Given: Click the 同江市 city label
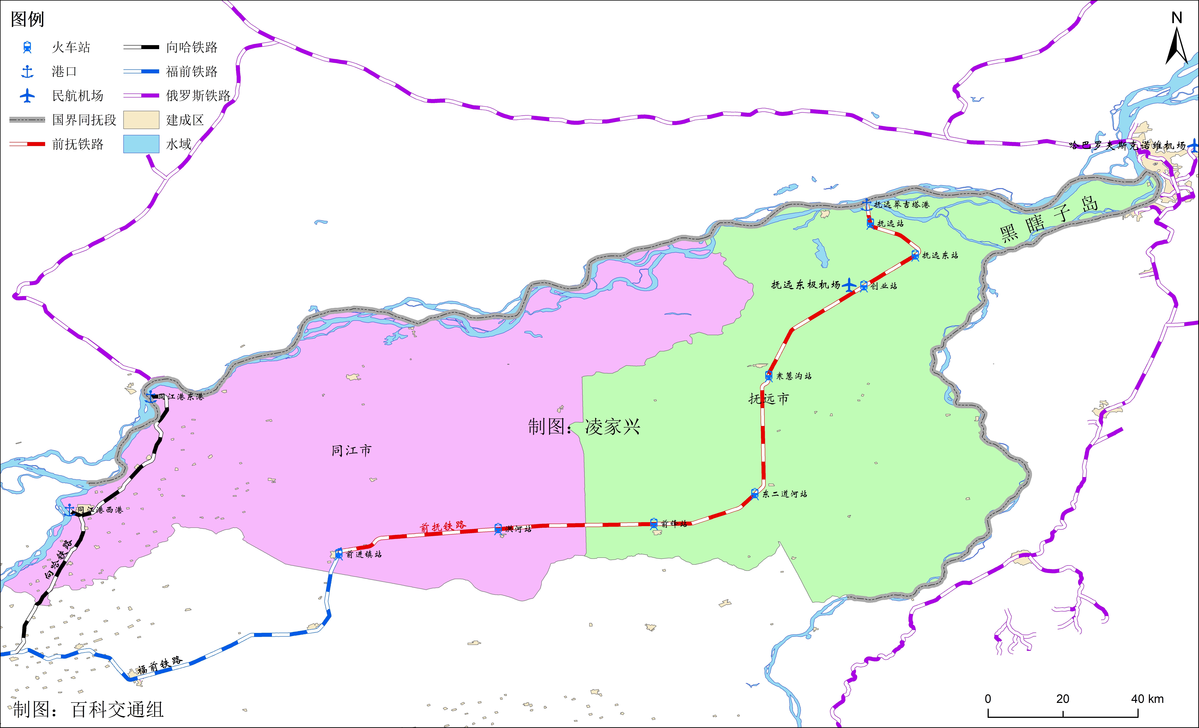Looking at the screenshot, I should click(351, 451).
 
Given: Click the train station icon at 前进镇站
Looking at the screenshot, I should click(339, 554).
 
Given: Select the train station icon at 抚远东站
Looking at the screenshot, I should click(915, 255).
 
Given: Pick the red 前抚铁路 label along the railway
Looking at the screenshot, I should click(443, 527).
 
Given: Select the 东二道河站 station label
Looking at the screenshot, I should click(784, 494).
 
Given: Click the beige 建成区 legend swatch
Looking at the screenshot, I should click(141, 120).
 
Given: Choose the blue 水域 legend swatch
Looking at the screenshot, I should click(141, 144).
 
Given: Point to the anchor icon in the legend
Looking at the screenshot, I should click(27, 72).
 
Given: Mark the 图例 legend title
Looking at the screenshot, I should click(27, 19).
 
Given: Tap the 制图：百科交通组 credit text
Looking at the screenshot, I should click(88, 709).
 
